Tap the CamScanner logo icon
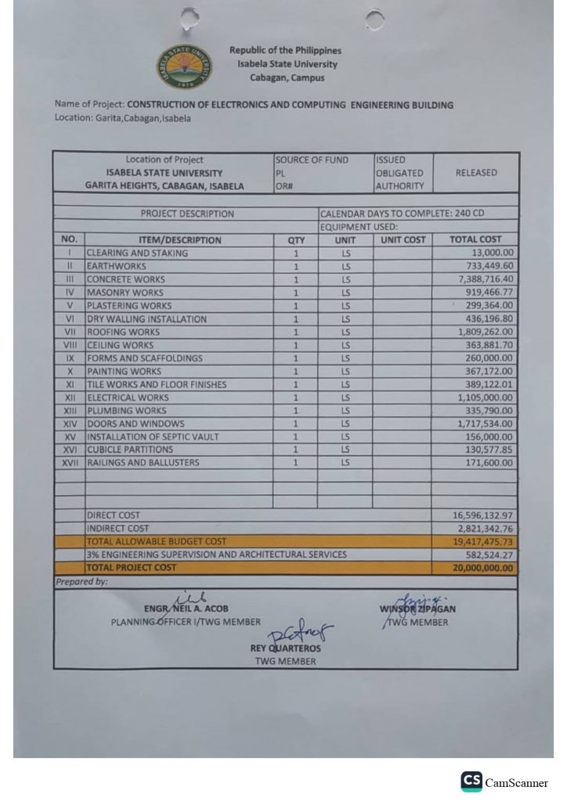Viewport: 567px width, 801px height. tap(471, 781)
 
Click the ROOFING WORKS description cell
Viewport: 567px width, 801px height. tap(124, 332)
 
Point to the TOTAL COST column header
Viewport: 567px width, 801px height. tap(475, 239)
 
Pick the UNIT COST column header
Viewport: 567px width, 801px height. tap(403, 239)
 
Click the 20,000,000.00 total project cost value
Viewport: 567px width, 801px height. tap(482, 568)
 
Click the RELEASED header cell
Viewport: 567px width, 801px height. tap(475, 173)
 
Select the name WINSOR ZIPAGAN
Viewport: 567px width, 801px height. tap(417, 609)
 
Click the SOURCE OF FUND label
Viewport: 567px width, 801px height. tap(311, 160)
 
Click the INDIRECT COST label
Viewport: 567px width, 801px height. tap(117, 529)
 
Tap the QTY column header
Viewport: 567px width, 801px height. tap(295, 239)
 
